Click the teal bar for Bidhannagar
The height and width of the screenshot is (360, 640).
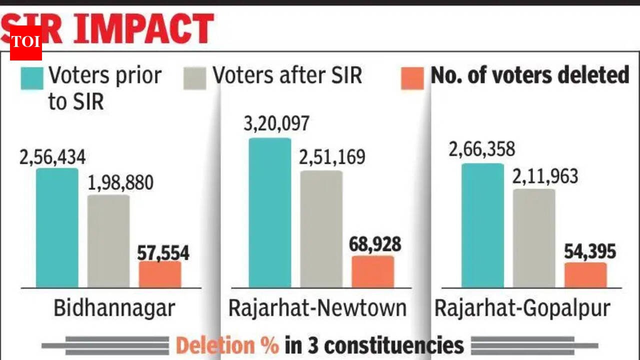click(57, 228)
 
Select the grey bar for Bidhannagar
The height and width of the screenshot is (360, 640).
click(108, 241)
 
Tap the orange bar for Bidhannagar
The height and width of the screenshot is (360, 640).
click(160, 274)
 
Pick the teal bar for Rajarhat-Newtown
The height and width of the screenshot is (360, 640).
click(270, 212)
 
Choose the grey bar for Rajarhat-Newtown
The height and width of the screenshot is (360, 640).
click(321, 229)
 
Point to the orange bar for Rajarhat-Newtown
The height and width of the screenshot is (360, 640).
click(373, 271)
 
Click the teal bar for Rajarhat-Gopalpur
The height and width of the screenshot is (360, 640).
click(482, 225)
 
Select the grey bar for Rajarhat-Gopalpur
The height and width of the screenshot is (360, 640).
click(534, 238)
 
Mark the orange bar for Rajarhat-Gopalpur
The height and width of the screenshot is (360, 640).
click(585, 275)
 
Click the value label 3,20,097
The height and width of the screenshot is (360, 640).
click(276, 123)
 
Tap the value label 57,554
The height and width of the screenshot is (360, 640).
click(163, 253)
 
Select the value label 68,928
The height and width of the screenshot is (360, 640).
click(376, 244)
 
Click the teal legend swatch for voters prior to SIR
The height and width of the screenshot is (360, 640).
click(31, 78)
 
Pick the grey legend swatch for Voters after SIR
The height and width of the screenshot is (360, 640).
click(194, 78)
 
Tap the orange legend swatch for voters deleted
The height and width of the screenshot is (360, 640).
click(412, 78)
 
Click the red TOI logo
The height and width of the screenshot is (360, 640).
click(25, 42)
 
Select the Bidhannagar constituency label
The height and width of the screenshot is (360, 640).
click(114, 308)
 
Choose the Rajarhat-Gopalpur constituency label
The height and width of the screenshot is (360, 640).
click(522, 308)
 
